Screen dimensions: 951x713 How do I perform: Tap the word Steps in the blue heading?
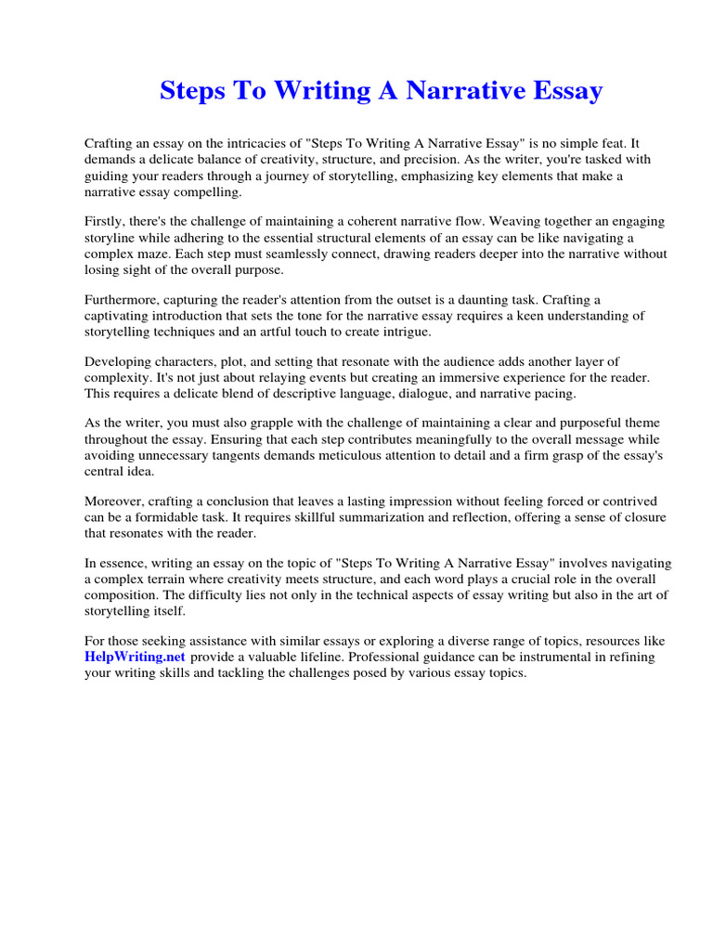coord(193,91)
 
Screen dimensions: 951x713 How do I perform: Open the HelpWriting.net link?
coord(136,657)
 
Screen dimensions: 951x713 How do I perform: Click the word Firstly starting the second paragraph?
coord(105,222)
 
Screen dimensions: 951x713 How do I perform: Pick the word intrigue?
coord(407,332)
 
